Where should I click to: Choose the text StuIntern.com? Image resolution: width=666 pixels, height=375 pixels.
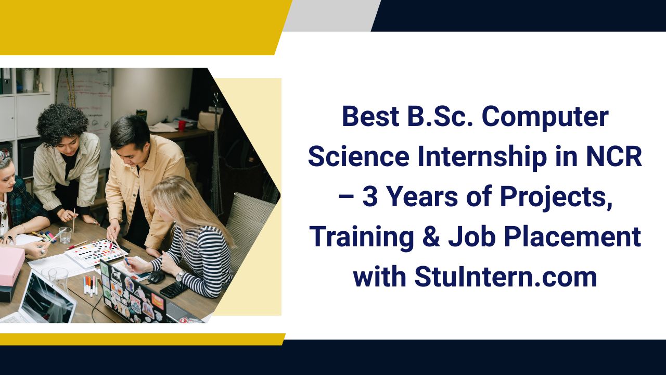(506, 277)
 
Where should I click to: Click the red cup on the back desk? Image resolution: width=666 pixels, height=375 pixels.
(182, 126)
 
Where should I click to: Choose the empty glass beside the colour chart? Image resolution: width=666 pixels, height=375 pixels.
(65, 235)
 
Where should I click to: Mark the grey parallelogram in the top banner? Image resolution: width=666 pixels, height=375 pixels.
(330, 16)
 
